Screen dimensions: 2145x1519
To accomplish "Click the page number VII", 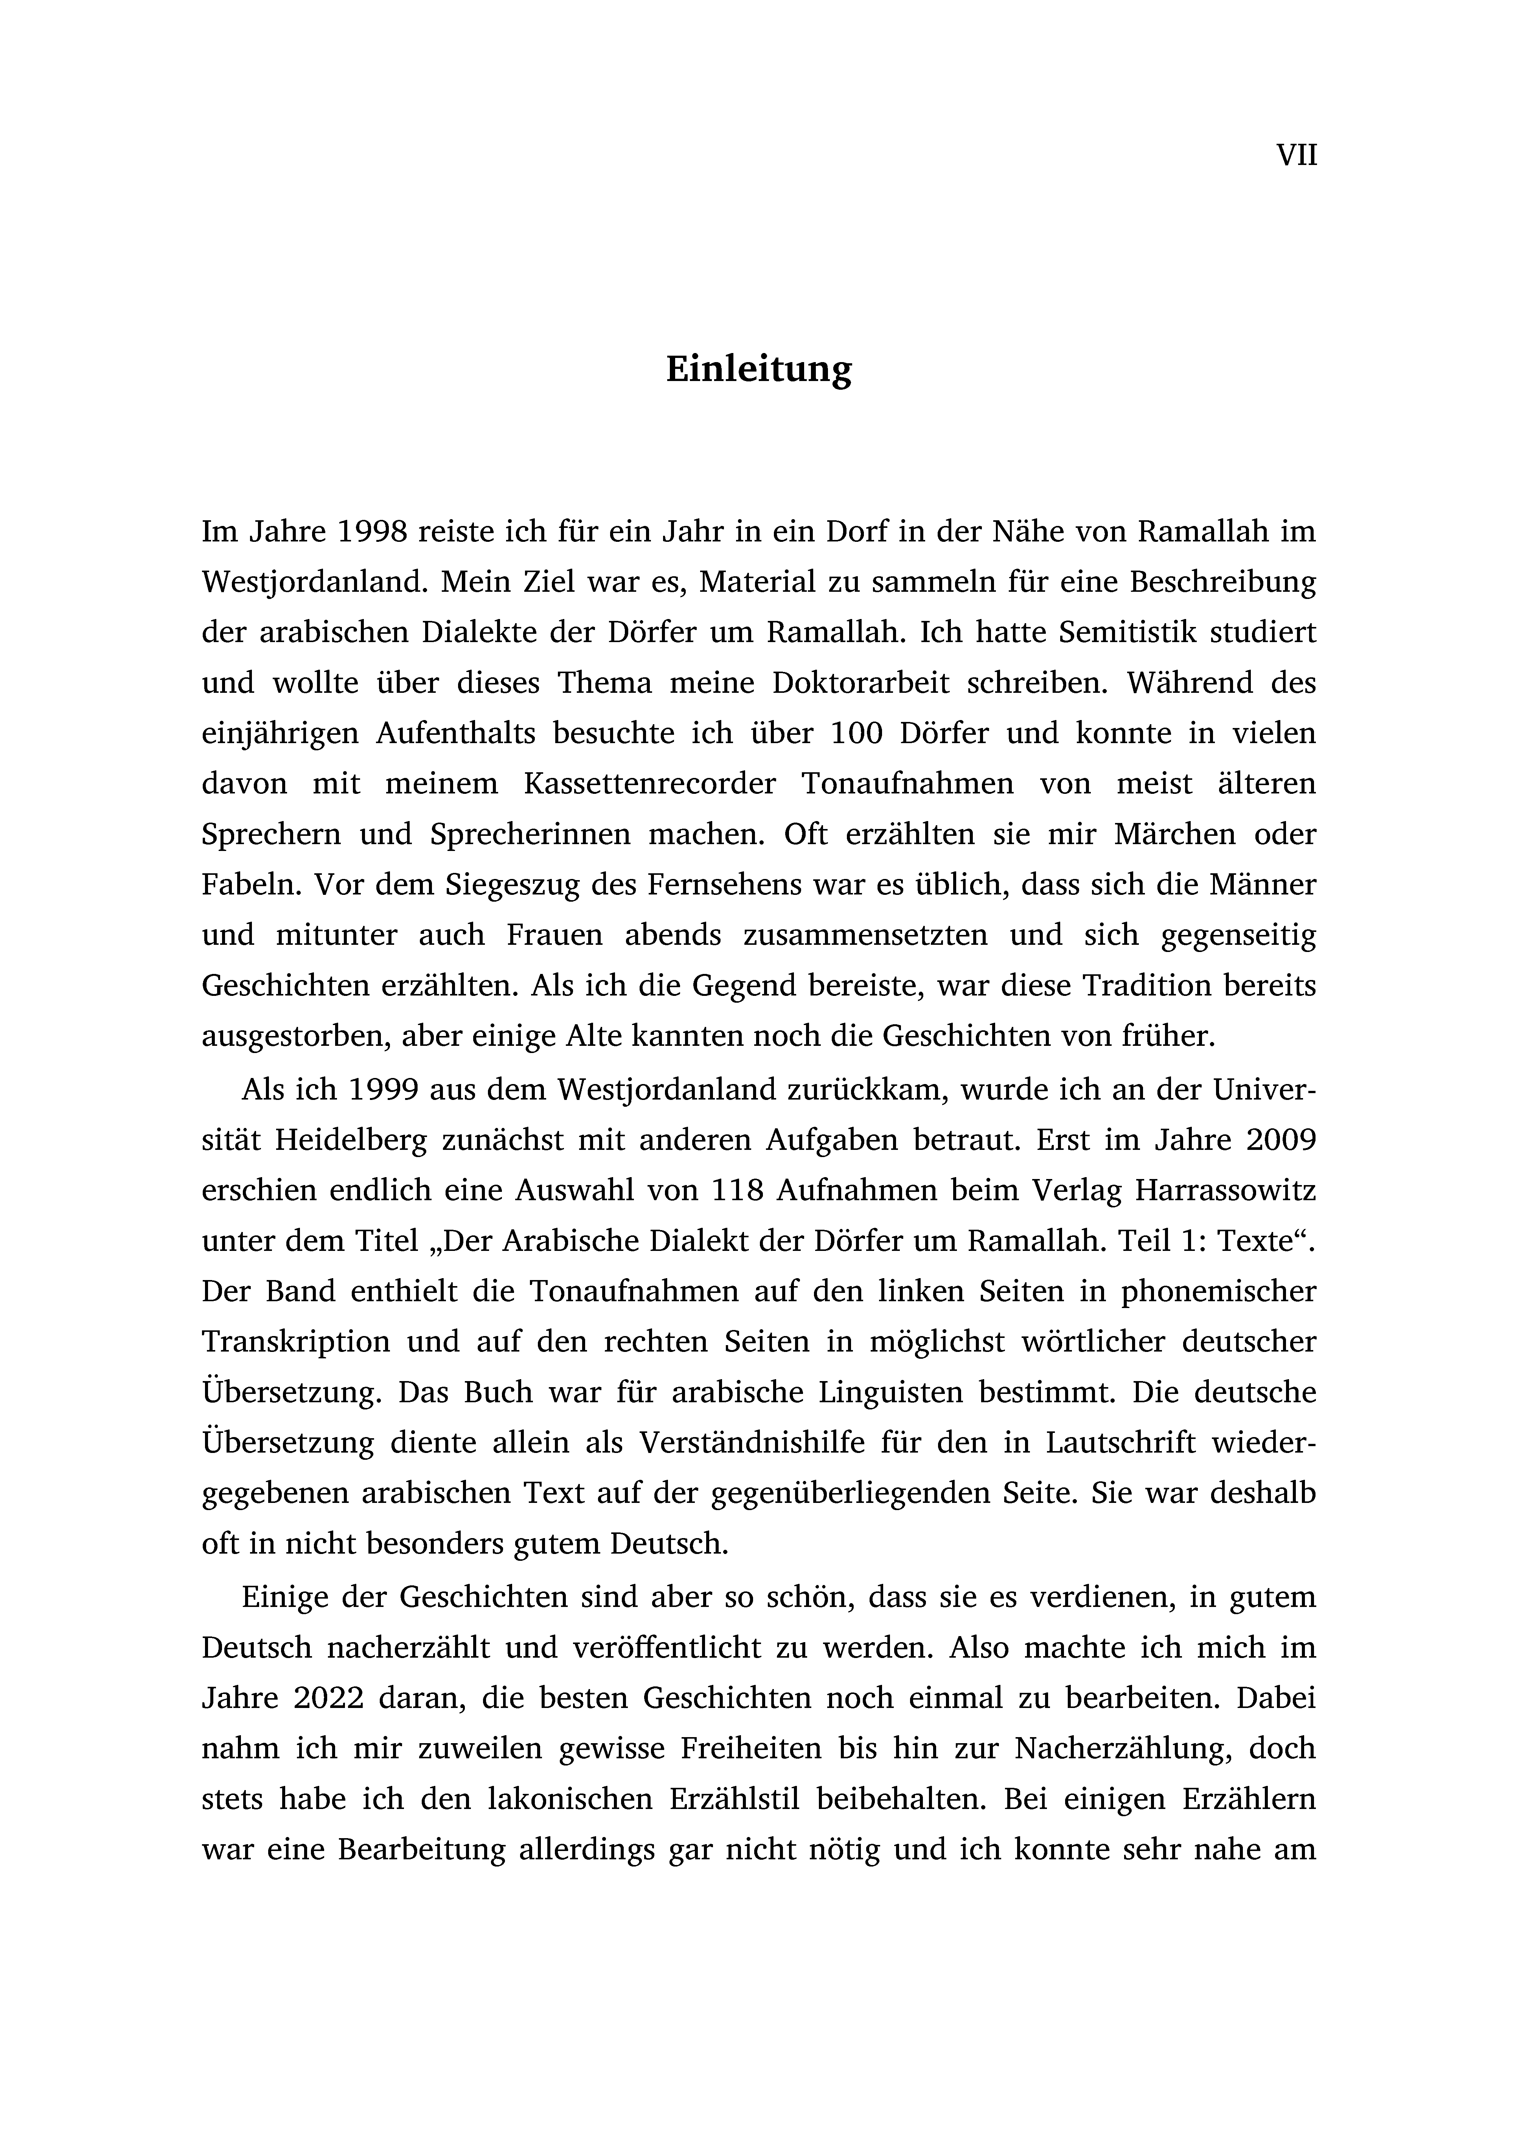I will point(1296,155).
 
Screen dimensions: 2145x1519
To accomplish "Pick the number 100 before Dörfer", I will point(857,733).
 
